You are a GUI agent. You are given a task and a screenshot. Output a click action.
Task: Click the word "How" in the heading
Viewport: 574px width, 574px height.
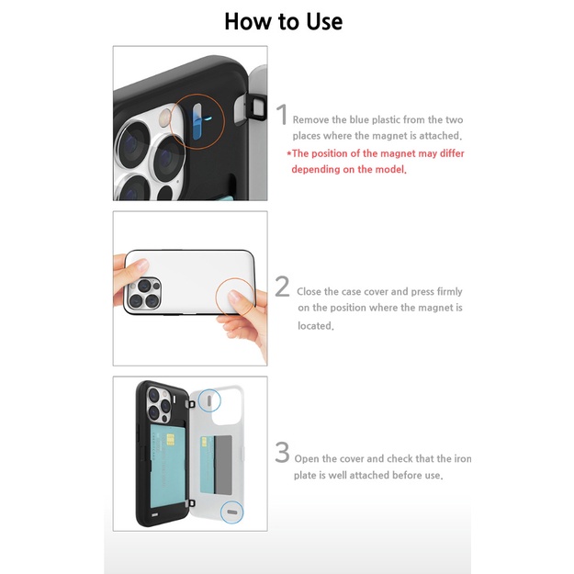[245, 20]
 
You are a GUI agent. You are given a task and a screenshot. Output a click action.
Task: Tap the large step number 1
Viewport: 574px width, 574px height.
[283, 117]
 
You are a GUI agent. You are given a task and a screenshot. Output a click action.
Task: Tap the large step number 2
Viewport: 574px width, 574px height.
[283, 287]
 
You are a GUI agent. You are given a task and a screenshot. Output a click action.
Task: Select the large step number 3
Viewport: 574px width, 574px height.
[282, 453]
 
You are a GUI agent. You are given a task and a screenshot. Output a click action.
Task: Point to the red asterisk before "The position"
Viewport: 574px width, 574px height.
[288, 153]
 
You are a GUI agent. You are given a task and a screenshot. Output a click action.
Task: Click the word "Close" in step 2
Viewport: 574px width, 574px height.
[317, 291]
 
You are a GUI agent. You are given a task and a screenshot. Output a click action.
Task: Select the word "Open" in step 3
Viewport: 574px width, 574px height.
[311, 458]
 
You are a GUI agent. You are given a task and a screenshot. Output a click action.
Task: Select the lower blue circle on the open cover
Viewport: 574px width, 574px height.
[232, 512]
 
